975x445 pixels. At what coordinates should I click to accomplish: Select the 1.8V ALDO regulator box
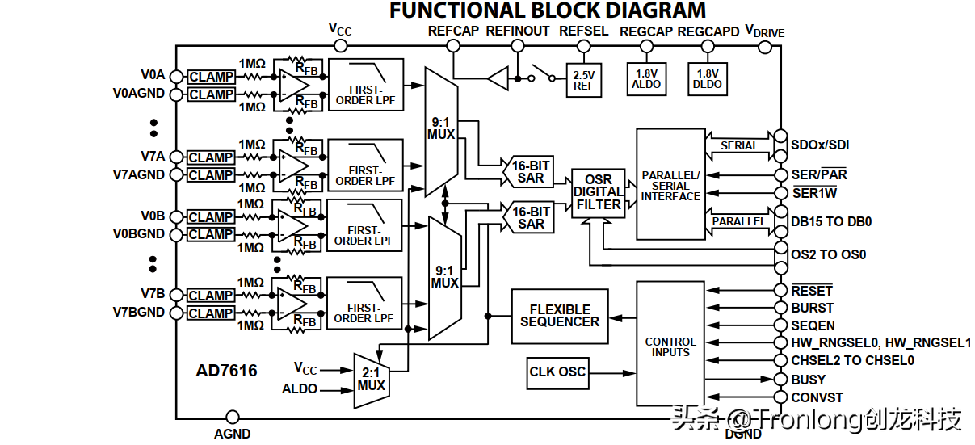pos(646,78)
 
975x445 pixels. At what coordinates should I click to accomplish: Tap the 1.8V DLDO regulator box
pos(708,78)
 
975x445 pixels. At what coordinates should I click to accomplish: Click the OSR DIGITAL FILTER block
pos(598,192)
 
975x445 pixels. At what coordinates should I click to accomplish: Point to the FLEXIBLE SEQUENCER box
pos(560,316)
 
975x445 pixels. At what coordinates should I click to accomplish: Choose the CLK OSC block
pos(557,372)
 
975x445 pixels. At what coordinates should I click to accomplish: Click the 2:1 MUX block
pos(372,379)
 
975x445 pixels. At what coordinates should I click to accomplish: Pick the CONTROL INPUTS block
pos(670,346)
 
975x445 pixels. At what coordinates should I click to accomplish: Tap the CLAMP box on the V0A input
pos(211,78)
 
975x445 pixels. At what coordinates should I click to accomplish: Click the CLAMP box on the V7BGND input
pos(211,313)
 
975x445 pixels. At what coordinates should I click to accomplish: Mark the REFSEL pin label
pos(583,31)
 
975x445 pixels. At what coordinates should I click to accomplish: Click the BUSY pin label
pos(808,380)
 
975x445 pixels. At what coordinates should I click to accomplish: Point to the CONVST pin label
pos(817,397)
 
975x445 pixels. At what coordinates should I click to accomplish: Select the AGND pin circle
pos(232,418)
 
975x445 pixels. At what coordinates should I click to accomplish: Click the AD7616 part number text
pos(226,371)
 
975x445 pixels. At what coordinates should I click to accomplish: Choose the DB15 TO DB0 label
pos(831,221)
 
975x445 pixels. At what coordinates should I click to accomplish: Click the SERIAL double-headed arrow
pos(739,145)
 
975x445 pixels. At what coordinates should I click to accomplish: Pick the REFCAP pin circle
pos(453,45)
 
